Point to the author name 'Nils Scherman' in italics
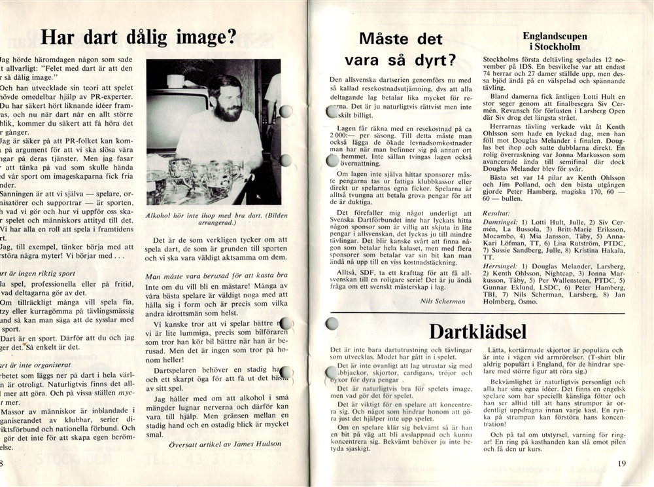point(445,300)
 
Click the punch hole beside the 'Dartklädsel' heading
point(332,323)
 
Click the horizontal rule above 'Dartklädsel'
point(477,313)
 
